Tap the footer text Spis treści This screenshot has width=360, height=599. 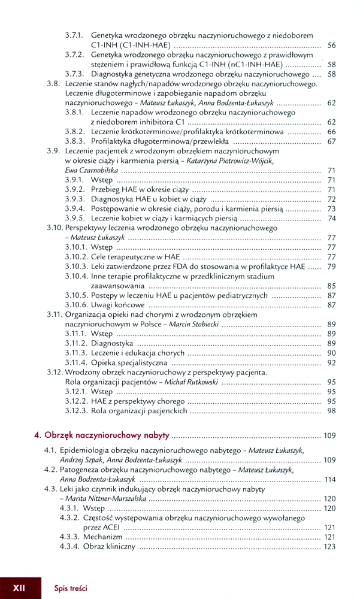[x=71, y=588]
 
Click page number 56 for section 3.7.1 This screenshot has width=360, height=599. [x=331, y=46]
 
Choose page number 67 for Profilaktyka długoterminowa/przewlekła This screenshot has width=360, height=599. [x=331, y=141]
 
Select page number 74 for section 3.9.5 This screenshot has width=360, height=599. [x=331, y=219]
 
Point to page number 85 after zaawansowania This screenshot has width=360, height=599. [x=331, y=286]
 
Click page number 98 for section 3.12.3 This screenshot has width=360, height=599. [x=331, y=410]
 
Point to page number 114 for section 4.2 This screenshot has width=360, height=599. [x=329, y=479]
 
